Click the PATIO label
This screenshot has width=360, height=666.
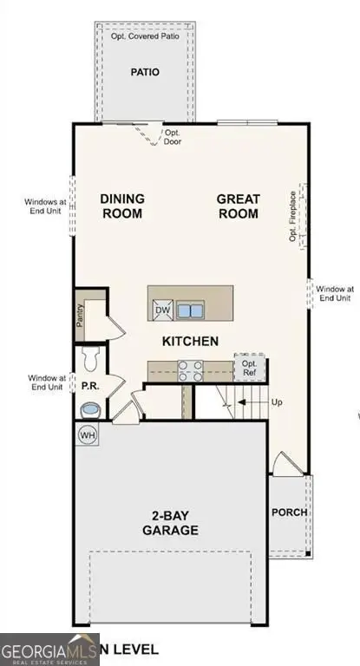tap(145, 73)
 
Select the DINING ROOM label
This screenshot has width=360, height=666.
tap(122, 206)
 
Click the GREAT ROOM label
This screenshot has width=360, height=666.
tap(239, 206)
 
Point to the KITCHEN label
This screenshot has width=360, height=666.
tap(190, 342)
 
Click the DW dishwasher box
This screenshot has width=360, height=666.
tap(162, 310)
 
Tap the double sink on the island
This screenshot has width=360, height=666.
tap(191, 310)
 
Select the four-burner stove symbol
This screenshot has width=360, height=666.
tap(190, 370)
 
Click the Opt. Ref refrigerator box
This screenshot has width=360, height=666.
tap(248, 368)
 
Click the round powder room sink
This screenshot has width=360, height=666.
tap(89, 408)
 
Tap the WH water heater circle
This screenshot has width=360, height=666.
tap(88, 434)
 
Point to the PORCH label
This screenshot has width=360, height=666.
tap(289, 512)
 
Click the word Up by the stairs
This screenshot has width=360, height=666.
tap(277, 403)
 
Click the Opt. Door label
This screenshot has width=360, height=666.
tap(173, 137)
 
